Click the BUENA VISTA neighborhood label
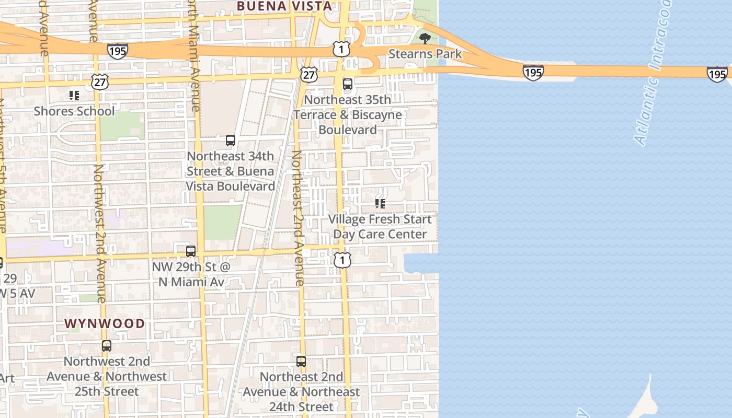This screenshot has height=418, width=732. click(284, 6)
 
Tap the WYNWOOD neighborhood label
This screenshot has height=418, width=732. click(105, 323)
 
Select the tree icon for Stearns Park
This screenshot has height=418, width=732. click(425, 38)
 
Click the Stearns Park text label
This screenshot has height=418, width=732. click(425, 54)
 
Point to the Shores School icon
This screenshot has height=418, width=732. click(74, 96)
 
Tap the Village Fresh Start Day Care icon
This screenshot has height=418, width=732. click(380, 204)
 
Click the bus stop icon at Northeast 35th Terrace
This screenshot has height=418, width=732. click(348, 84)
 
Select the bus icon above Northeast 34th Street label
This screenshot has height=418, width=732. click(231, 141)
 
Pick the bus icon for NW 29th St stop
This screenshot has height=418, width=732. click(191, 251)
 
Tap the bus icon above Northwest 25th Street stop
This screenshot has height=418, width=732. click(107, 346)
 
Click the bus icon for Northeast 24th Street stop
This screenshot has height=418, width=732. click(301, 362)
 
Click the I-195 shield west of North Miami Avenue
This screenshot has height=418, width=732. click(118, 51)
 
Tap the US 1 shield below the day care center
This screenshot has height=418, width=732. click(342, 260)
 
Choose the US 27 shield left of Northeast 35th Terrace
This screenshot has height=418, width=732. click(309, 75)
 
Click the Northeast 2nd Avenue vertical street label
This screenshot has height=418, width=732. click(298, 218)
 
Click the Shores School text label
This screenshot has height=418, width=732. click(74, 111)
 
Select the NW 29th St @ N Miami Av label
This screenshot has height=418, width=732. click(191, 274)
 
